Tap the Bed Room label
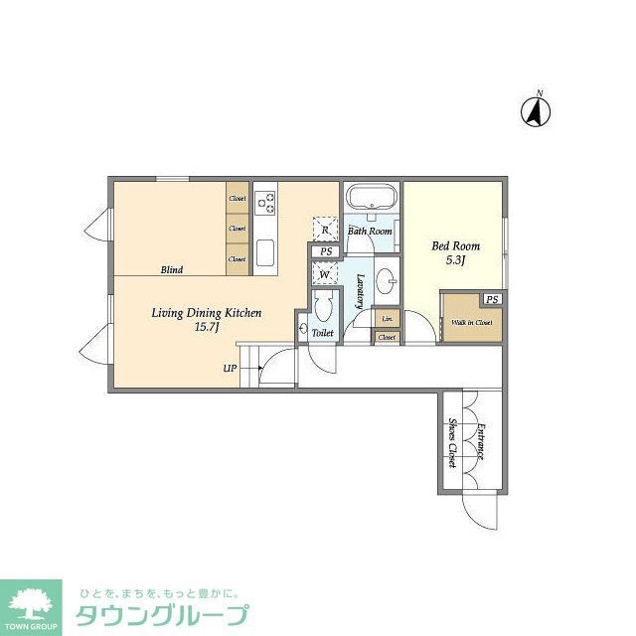(455, 245)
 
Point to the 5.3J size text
(456, 260)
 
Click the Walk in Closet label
(472, 322)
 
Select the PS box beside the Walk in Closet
(492, 299)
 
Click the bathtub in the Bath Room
(371, 198)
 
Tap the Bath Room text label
(370, 232)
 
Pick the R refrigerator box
(326, 230)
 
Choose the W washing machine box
(325, 274)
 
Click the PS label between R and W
(325, 251)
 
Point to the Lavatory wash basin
(387, 281)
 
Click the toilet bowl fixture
(321, 307)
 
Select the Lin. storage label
(387, 319)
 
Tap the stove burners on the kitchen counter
(265, 204)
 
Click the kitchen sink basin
(265, 254)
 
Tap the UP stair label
(230, 369)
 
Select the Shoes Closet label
(452, 442)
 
